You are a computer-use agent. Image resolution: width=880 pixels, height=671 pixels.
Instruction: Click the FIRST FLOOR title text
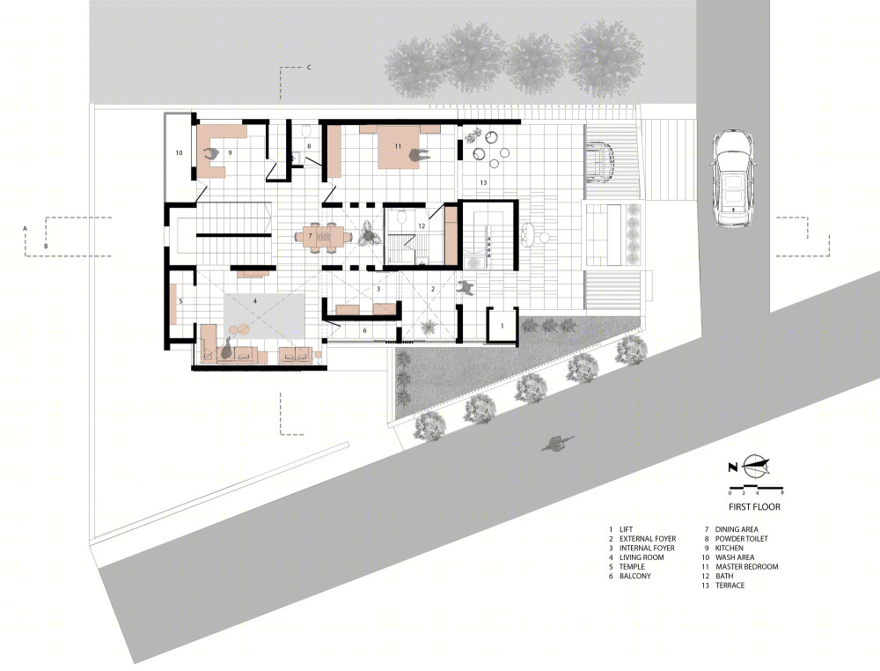[x=754, y=506]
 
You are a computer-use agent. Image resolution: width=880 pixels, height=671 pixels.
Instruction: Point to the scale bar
[x=756, y=486]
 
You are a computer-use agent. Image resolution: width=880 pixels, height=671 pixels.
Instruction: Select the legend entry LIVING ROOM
[x=642, y=557]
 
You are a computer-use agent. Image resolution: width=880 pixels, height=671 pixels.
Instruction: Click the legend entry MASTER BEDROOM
[x=746, y=566]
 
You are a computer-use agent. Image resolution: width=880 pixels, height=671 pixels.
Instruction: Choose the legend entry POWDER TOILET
[x=741, y=539]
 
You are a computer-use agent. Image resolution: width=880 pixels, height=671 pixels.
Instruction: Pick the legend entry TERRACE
[x=730, y=585]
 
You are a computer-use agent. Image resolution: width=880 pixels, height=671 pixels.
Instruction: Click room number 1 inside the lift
[x=502, y=326]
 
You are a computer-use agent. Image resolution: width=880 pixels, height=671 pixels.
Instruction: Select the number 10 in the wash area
[x=179, y=152]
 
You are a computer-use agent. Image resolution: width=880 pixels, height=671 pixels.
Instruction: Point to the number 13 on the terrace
[x=483, y=182]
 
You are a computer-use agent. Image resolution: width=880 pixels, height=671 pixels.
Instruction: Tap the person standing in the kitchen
[x=212, y=154]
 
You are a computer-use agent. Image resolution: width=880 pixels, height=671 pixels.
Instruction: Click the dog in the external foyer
[x=466, y=287]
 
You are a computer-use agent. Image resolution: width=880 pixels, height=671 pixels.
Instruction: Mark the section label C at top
[x=309, y=68]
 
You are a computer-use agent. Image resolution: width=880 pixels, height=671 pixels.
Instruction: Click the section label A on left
[x=25, y=229]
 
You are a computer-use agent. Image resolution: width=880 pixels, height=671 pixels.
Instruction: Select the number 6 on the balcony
[x=364, y=330]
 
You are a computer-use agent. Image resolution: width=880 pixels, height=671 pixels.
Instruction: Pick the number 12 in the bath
[x=422, y=226]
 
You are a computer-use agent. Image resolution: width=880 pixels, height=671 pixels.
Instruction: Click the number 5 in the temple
[x=180, y=301]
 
